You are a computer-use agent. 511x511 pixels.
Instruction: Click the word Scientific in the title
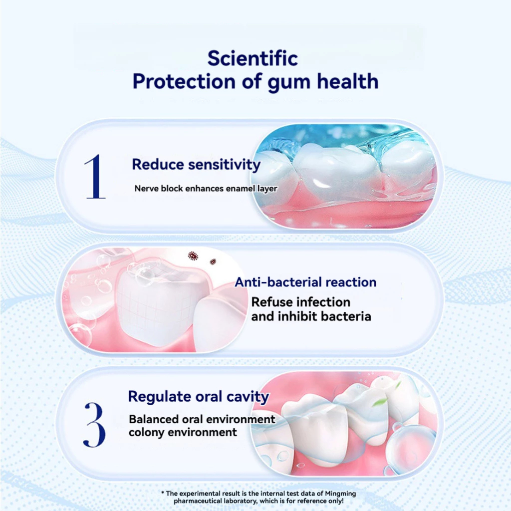pos(253,59)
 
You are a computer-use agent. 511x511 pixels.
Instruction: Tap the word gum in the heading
pos(288,83)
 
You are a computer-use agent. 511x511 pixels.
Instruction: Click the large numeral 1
pos(95,176)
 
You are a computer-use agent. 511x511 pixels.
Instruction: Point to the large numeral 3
pos(94,424)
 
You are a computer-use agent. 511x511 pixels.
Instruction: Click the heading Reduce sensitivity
pos(196,164)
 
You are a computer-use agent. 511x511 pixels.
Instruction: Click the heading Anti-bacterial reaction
pos(305,282)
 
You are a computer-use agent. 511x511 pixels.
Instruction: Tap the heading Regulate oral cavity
pos(199,397)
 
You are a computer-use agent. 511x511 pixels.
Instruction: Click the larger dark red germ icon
pos(193,256)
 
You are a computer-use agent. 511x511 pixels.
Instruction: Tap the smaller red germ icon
pos(213,261)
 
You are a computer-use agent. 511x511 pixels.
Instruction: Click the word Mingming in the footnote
pos(340,494)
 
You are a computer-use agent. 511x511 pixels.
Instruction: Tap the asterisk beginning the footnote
pos(163,493)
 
